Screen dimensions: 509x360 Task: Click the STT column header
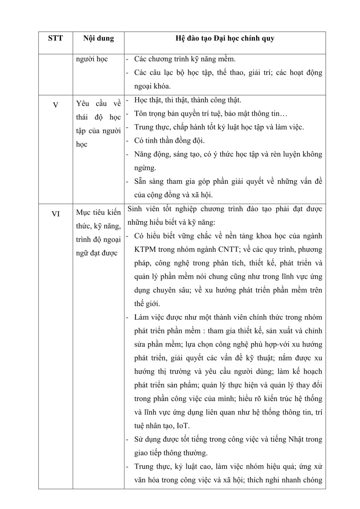pos(55,38)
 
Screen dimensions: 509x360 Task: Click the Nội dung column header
pos(98,38)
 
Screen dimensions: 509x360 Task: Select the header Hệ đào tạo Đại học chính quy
pos(225,38)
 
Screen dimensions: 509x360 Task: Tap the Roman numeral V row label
pos(55,105)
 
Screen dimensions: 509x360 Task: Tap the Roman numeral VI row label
pos(55,214)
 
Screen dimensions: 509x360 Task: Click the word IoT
pos(183,426)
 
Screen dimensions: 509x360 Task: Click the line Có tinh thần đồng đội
pos(169,141)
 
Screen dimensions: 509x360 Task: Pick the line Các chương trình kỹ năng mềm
pos(185,59)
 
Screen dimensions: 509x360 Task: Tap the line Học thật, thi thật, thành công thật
pos(187,100)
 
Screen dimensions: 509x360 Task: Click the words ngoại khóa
pos(152,86)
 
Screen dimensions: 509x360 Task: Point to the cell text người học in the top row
pos(92,59)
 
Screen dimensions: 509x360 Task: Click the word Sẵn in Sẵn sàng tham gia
pos(140,182)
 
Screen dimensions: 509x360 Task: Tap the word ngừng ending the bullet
pos(145,168)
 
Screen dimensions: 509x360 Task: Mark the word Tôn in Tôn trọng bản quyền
pos(141,114)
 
